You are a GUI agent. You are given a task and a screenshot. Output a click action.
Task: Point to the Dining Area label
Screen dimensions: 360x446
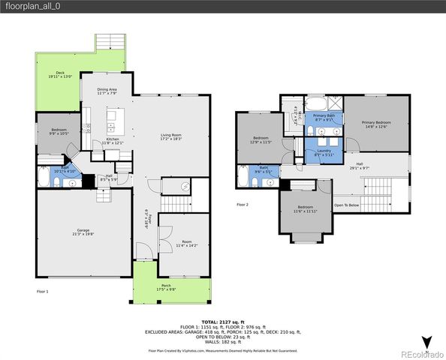point(107,91)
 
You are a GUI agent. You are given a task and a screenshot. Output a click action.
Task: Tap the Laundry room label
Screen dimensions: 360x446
point(324,153)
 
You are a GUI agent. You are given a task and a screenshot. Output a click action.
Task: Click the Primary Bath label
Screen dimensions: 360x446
point(325,117)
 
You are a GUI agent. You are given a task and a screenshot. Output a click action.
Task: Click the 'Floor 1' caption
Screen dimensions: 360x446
point(43,291)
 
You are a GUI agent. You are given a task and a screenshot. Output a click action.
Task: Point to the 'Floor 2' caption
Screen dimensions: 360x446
point(243,204)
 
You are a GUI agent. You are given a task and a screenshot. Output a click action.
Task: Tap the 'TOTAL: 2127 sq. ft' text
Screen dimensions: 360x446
point(223,321)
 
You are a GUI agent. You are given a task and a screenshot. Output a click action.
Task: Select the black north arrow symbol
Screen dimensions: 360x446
point(426,342)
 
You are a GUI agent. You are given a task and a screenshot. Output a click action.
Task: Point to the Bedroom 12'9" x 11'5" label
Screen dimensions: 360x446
point(261,140)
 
